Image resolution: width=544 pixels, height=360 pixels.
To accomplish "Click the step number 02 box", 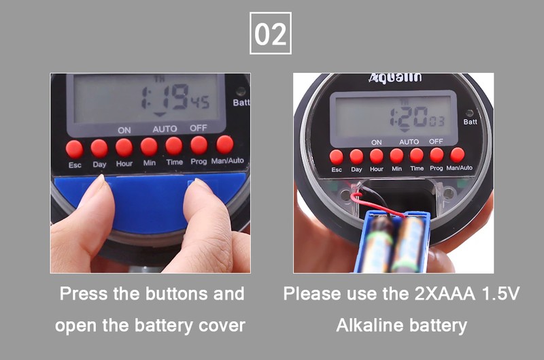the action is [270, 33].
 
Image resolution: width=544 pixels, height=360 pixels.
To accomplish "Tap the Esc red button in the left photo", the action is [74, 149].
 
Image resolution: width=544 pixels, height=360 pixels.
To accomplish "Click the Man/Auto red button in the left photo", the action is [225, 144].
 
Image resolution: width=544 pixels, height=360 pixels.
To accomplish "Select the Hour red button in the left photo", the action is [124, 147].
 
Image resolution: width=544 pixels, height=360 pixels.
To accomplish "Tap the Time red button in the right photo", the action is [417, 156].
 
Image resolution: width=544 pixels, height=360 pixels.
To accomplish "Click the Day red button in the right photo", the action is [356, 157].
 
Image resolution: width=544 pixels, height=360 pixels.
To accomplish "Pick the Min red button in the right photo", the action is [396, 156].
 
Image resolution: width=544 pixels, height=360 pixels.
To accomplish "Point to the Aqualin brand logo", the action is [396, 78].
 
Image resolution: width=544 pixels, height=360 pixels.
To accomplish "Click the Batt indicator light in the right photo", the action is [469, 113].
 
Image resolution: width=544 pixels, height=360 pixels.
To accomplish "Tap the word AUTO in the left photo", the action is [165, 129].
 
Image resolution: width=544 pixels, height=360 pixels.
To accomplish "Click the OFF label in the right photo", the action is [436, 142].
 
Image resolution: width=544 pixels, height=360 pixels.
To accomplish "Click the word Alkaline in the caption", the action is [370, 325].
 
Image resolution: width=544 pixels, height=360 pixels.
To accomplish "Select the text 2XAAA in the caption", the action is [445, 294].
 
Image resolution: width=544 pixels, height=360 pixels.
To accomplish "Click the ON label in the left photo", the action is [124, 130].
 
